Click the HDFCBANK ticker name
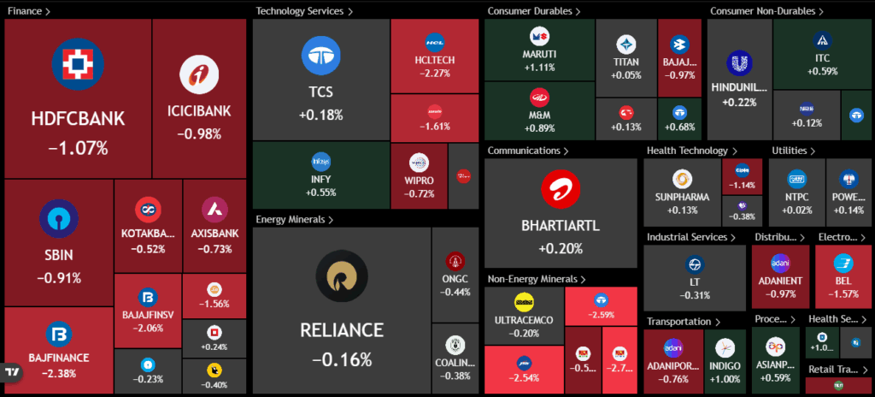(x=78, y=119)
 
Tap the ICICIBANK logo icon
(x=199, y=75)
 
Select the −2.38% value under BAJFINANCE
(x=58, y=372)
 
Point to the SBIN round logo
(x=59, y=218)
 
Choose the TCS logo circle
(x=320, y=56)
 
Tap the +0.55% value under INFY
(x=320, y=193)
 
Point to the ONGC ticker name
(x=455, y=279)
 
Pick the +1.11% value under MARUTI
(x=539, y=68)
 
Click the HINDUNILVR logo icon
(x=738, y=63)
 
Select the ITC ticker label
(x=822, y=58)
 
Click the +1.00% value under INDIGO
(x=725, y=379)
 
